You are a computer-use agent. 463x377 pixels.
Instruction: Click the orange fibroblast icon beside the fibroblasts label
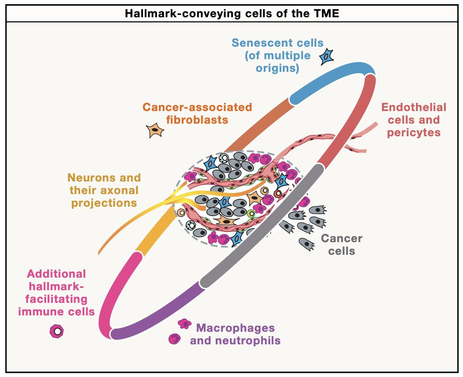[x=155, y=130]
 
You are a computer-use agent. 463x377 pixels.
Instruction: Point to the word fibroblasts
[x=197, y=120]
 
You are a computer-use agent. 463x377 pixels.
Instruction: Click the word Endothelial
[x=414, y=107]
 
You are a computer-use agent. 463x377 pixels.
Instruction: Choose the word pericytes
[x=414, y=133]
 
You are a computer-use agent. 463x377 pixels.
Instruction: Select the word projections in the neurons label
[x=104, y=203]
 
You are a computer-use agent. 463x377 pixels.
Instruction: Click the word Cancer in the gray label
[x=341, y=238]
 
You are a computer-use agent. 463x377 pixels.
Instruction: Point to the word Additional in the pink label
[x=56, y=274]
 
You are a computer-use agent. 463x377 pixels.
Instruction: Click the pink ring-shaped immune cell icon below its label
[x=57, y=331]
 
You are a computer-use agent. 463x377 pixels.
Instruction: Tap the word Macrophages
[x=235, y=328]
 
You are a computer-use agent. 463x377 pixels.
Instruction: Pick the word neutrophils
[x=248, y=341]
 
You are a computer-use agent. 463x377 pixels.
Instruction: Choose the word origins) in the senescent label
[x=277, y=68]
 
